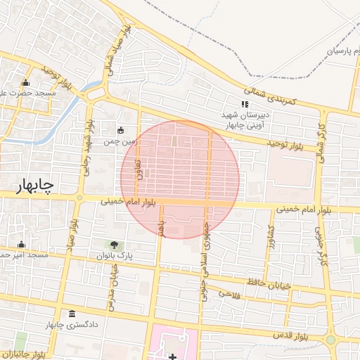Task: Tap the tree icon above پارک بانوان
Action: click(x=114, y=245)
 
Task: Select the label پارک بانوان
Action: click(x=114, y=256)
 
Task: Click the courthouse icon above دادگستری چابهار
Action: click(x=72, y=314)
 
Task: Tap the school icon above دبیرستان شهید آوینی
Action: click(x=245, y=104)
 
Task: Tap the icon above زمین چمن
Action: click(x=120, y=129)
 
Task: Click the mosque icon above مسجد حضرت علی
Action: click(x=26, y=82)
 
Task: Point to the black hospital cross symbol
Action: click(x=173, y=356)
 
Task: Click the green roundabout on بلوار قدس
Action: click(x=330, y=340)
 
